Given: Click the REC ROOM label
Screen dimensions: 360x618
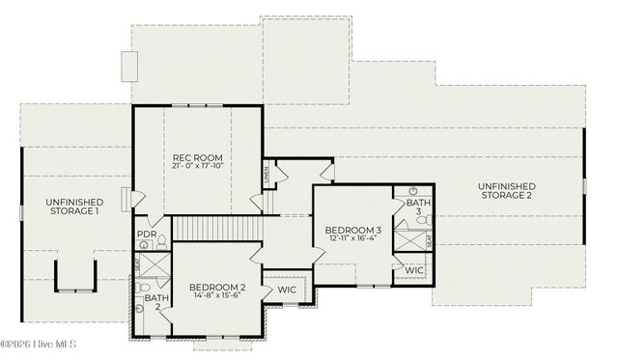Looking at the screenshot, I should click(x=197, y=158).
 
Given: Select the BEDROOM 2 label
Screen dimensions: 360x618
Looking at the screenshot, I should click(x=217, y=289).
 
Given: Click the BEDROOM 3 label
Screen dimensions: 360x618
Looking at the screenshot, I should click(x=353, y=230).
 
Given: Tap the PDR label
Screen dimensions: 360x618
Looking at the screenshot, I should click(x=147, y=234).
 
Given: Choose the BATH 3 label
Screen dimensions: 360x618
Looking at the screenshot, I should click(x=418, y=208).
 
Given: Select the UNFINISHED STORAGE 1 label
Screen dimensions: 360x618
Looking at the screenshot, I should click(x=72, y=206).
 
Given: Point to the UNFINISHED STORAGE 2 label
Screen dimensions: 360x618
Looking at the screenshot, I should click(x=507, y=190).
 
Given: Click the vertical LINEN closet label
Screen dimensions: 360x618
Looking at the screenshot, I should click(x=266, y=174).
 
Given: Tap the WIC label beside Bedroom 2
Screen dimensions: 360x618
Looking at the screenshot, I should click(x=287, y=289).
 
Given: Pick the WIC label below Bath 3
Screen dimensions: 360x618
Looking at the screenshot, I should click(x=414, y=270).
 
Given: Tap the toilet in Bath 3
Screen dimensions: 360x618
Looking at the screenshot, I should click(x=412, y=192).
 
